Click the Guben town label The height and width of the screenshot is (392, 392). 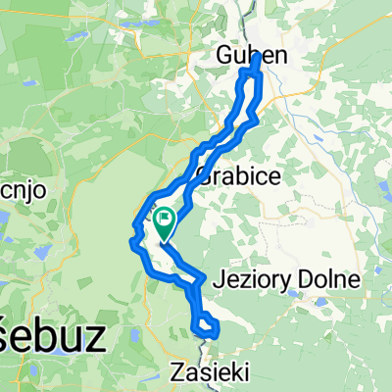(x=251, y=57)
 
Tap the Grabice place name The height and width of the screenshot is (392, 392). (x=239, y=177)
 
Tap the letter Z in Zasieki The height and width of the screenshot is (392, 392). (x=176, y=371)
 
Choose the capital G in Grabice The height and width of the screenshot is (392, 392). (x=205, y=177)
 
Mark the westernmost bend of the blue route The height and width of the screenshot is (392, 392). (x=132, y=234)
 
